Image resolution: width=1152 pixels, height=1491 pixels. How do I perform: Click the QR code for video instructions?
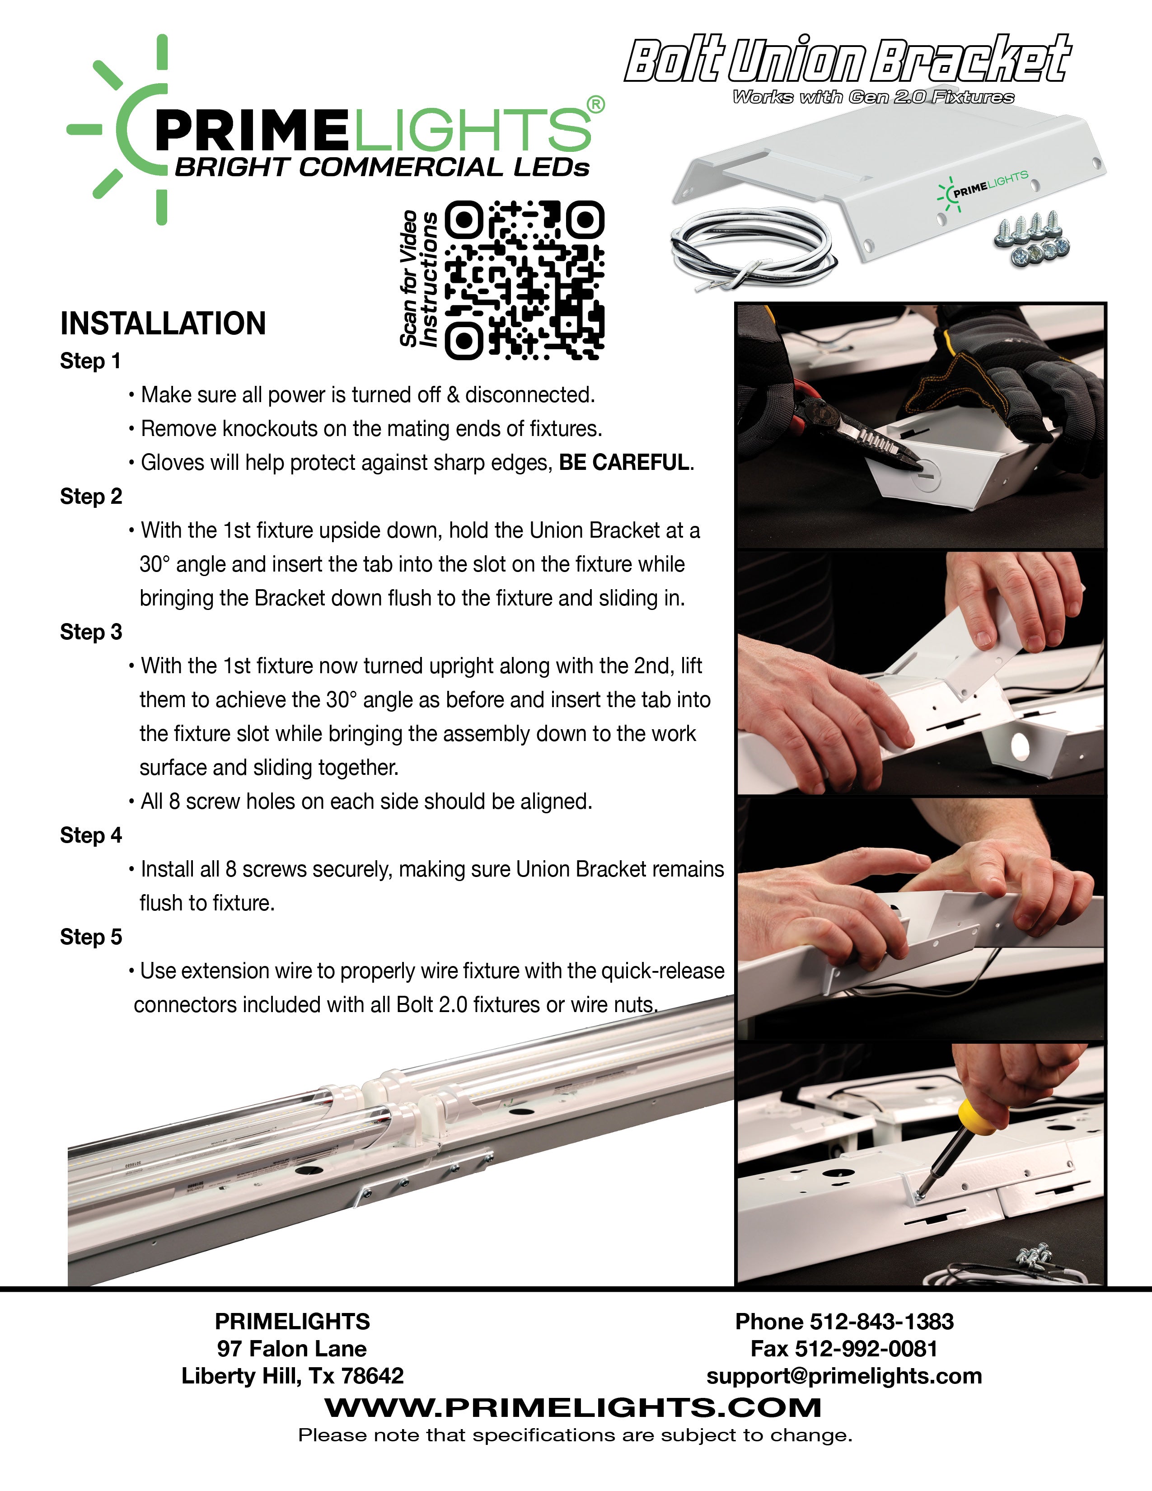coord(524,281)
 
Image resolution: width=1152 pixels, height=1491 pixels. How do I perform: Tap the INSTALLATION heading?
coord(163,324)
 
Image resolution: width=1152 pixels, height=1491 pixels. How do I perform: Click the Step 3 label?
coord(91,632)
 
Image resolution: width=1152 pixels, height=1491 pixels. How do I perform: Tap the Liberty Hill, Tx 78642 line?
coord(292,1376)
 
